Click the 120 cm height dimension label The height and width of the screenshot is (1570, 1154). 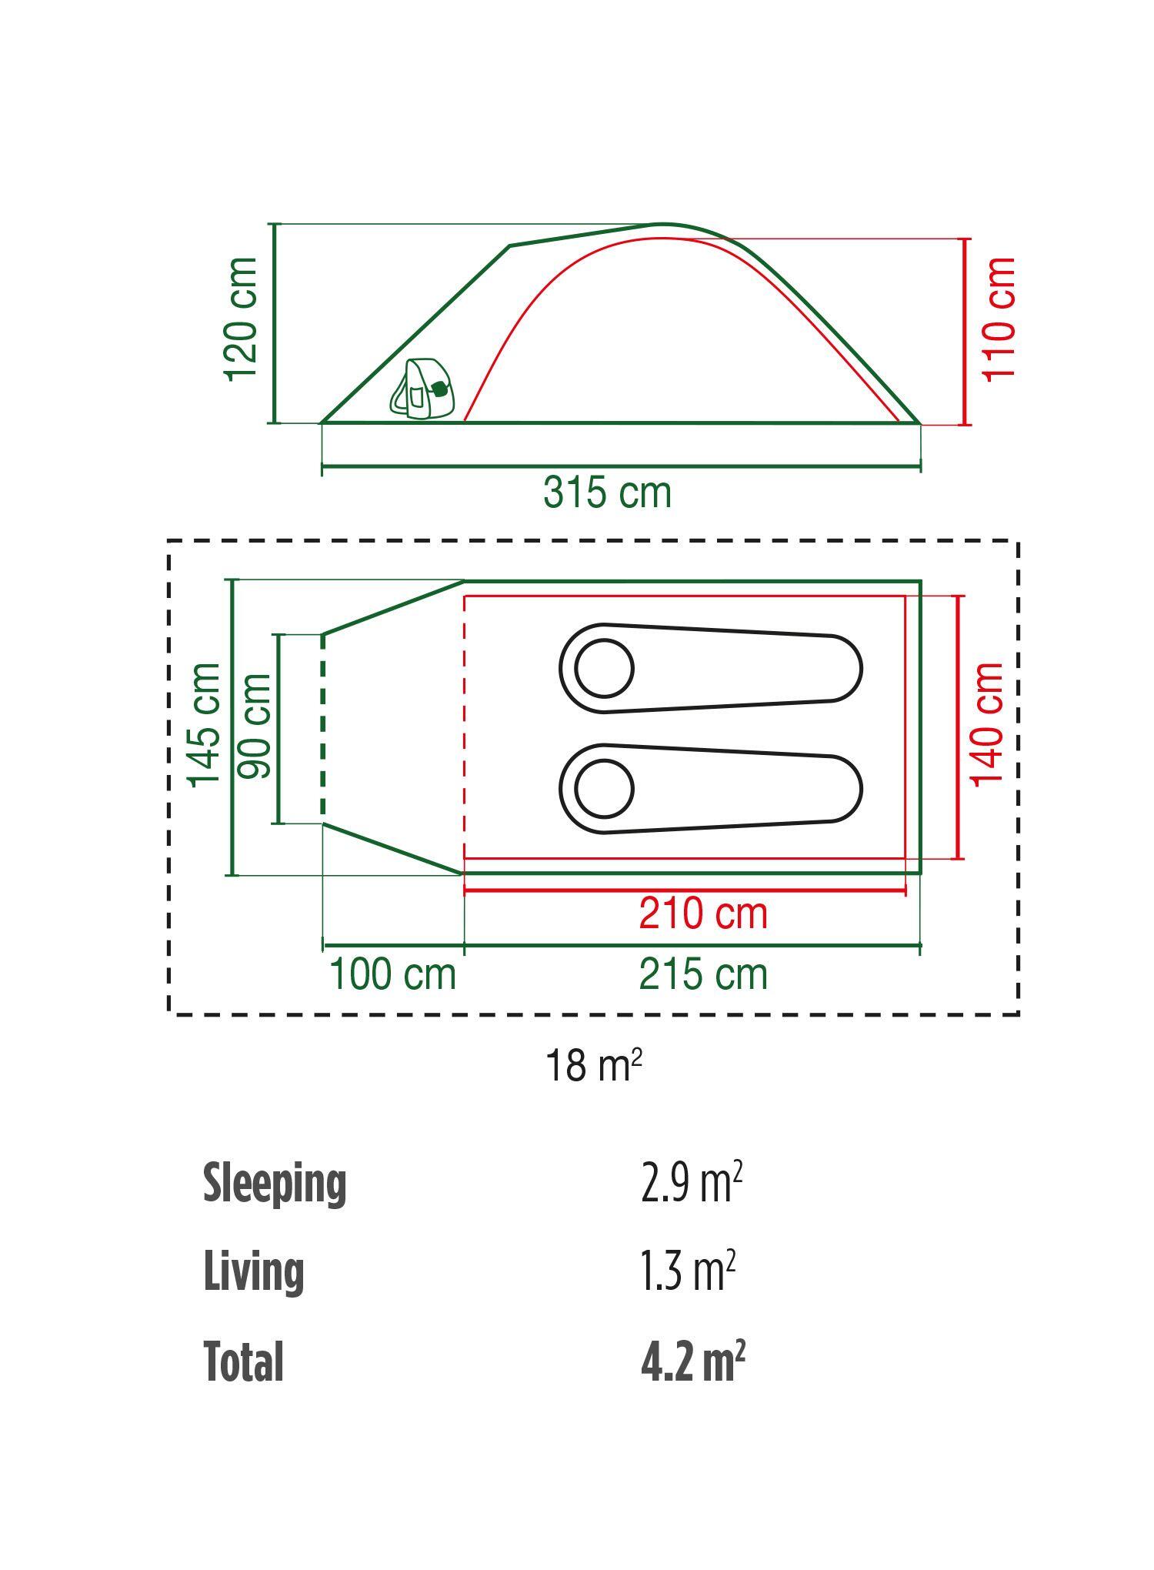click(x=242, y=319)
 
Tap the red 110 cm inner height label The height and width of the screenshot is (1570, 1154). click(x=999, y=319)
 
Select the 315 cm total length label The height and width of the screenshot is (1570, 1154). click(x=607, y=493)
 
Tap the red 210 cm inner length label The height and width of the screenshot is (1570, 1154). click(x=703, y=914)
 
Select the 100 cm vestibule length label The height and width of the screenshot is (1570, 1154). click(x=392, y=974)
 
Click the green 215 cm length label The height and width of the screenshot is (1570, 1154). click(x=703, y=974)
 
